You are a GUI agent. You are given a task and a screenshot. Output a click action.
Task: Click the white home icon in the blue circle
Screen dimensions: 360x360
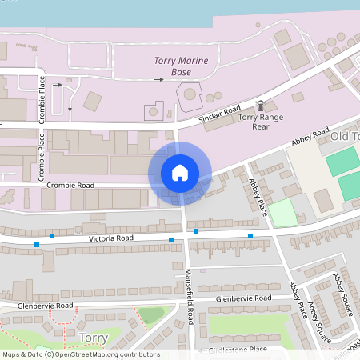coord(180,173)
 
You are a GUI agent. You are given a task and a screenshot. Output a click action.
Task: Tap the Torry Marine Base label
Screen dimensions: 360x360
coord(182,66)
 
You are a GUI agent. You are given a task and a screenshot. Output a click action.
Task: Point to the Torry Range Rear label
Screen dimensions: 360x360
coord(260,122)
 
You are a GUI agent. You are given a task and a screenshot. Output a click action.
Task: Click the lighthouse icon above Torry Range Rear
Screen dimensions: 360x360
coord(260,106)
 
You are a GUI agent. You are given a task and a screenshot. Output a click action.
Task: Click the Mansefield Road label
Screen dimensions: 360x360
coord(190,295)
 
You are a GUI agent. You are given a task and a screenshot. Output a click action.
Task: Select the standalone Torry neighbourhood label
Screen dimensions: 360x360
coord(94,338)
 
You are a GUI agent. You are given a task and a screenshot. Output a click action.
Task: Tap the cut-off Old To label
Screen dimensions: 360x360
coord(345,137)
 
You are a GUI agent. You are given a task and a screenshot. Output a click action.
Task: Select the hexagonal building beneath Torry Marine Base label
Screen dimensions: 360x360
coord(190,94)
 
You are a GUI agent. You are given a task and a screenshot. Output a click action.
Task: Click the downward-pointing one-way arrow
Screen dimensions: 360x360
coord(70,106)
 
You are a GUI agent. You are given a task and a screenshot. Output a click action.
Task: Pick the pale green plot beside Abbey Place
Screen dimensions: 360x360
coord(281,213)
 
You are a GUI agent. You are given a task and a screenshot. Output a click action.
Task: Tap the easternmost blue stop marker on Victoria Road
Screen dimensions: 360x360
coord(250,235)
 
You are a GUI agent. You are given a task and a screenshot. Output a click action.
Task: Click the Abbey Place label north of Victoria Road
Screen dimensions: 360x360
coord(258,196)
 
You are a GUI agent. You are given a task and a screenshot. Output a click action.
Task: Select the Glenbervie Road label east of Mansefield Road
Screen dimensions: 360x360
coord(246,298)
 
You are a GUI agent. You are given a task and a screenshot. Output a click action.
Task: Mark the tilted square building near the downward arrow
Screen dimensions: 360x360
coord(92,102)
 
